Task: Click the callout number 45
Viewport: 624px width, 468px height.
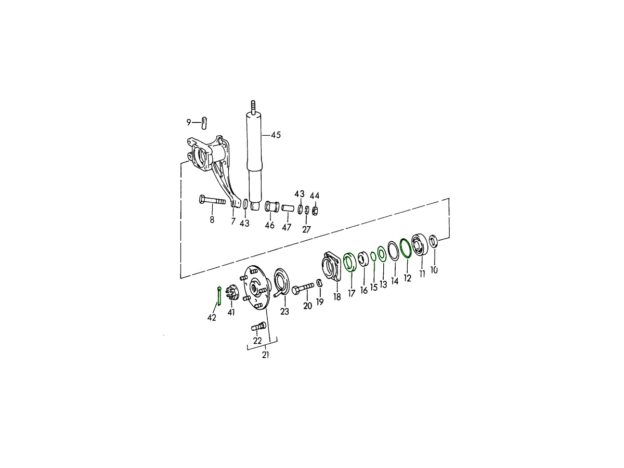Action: tap(276, 135)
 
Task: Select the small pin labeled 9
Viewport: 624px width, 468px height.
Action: tap(204, 123)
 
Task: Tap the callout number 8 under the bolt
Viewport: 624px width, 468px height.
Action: tap(212, 219)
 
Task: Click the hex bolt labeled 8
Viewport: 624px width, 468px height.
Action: tap(212, 200)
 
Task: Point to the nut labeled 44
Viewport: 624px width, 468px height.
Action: tap(315, 211)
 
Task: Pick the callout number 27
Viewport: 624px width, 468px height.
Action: tap(306, 229)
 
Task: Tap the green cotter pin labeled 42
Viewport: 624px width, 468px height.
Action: tap(219, 296)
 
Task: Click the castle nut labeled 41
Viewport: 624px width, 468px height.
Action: tap(232, 293)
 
